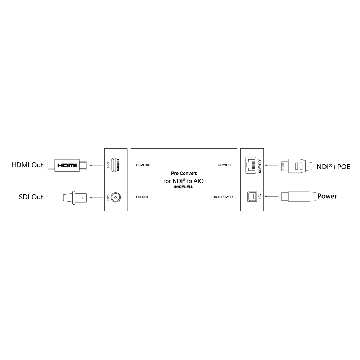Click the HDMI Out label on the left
point(27,165)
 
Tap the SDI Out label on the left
point(31,197)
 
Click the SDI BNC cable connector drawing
point(75,197)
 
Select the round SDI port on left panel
point(116,197)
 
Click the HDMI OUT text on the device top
point(143,165)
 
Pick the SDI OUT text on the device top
point(142,197)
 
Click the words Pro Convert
point(184,173)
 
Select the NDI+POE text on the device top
point(225,165)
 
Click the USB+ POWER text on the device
point(222,197)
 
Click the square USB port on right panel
point(253,196)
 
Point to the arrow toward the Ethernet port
point(273,166)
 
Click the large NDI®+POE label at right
point(333,167)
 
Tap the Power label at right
point(327,196)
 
